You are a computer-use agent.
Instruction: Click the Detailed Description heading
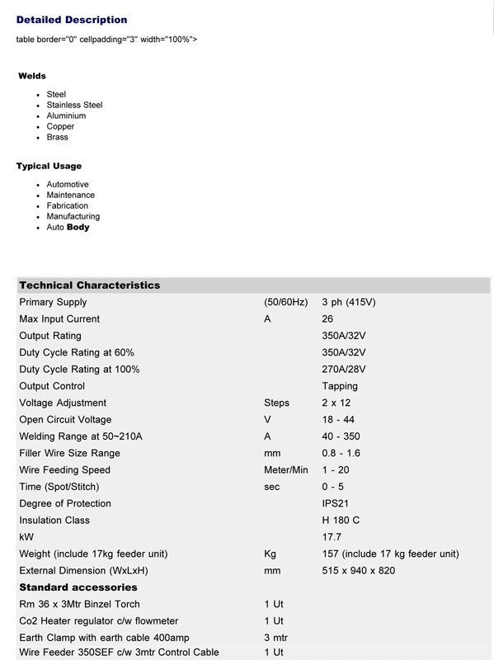coord(72,20)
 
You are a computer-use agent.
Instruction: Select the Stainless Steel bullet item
coord(74,105)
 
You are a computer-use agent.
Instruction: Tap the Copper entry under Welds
coord(60,126)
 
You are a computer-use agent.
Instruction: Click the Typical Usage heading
coord(49,166)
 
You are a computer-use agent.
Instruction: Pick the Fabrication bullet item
coord(67,205)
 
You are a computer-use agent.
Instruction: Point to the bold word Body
coord(78,227)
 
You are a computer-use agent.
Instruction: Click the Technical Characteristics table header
coord(89,285)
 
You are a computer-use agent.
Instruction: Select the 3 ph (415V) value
coord(348,302)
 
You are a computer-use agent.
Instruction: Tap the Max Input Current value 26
coord(327,319)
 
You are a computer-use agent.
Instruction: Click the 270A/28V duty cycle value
coord(344,370)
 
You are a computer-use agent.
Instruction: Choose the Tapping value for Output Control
coord(340,386)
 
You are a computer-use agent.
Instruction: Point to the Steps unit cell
coord(276,403)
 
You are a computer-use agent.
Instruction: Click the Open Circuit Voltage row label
coord(65,420)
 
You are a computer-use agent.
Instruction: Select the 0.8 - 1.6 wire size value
coord(341,454)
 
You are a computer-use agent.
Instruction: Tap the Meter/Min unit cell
coord(285,470)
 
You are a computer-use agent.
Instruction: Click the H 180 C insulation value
coord(341,521)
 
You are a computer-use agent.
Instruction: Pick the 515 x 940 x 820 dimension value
coord(358,571)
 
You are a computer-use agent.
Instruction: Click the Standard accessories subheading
coord(78,587)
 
